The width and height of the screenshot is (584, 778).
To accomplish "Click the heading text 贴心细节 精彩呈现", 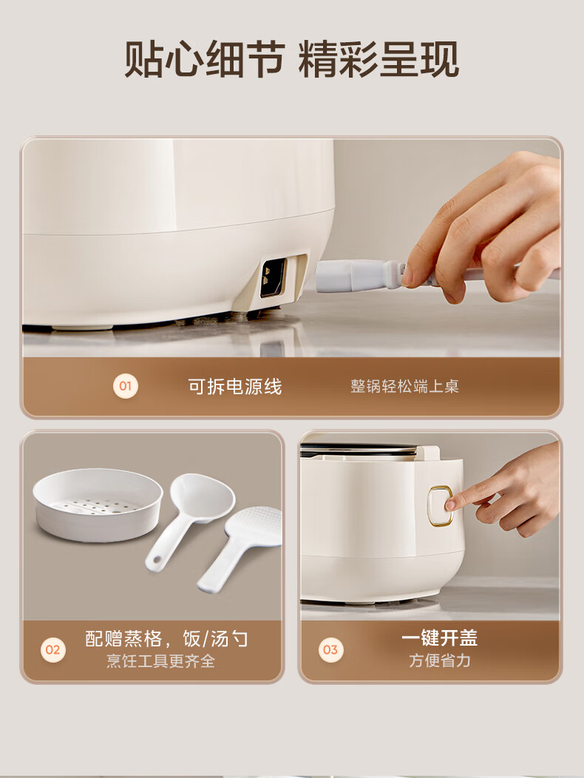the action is coord(291,60).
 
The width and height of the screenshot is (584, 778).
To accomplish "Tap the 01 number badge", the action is coord(126,386).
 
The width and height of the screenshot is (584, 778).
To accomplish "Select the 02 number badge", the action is coord(52,649).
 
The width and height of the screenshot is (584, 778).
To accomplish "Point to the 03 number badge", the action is coord(330,649).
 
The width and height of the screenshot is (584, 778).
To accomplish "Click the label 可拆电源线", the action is coord(234,387).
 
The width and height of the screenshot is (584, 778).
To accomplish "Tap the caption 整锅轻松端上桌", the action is coord(404,387).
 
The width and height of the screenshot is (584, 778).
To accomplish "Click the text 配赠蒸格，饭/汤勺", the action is coord(167,638).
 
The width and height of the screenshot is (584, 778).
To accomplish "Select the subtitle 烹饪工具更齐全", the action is coord(160,661).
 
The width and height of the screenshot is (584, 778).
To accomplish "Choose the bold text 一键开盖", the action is coord(440,638).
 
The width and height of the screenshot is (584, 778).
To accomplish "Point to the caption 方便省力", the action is coord(440,661).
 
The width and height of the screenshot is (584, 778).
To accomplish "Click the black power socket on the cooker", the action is coord(273,278).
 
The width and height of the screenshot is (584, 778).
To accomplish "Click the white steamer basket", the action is coord(98,504).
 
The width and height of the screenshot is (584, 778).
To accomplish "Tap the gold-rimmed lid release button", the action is coord(440,505).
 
